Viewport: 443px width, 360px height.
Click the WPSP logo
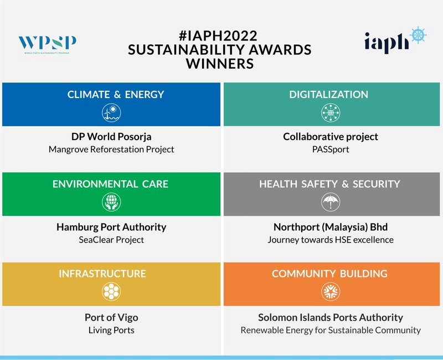47,44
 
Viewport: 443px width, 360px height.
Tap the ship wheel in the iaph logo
418,35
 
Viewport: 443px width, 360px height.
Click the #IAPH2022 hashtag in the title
218,36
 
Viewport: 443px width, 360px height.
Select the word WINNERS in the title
220,63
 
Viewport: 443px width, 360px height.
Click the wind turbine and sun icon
111,113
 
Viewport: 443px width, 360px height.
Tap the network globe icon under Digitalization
331,113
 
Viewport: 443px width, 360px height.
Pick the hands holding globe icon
111,202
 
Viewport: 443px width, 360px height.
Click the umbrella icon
331,202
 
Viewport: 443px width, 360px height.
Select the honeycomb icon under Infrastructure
111,292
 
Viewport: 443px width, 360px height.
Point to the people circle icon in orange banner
331,292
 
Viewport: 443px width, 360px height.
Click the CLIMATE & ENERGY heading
116,94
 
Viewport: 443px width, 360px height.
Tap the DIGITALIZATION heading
328,94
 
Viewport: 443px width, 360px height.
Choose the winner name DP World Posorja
111,137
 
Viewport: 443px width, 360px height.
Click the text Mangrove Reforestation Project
111,149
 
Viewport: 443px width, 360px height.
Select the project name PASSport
331,149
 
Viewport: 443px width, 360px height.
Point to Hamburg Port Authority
111,227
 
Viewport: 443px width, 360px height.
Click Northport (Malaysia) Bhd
331,227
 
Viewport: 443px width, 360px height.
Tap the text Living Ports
111,330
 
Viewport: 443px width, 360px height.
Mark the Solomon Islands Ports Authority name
331,317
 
